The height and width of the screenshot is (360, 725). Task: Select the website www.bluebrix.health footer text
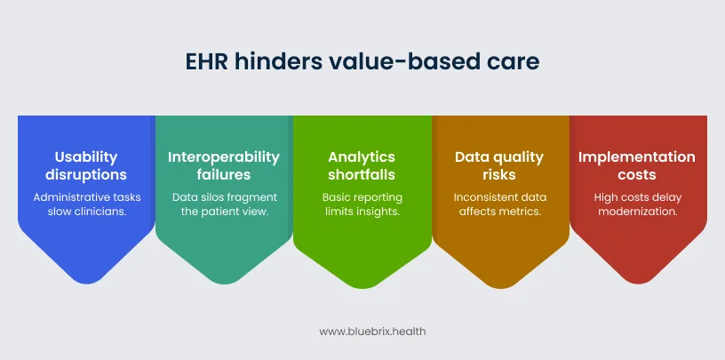[x=362, y=331]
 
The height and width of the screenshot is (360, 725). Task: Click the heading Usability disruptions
[x=86, y=165]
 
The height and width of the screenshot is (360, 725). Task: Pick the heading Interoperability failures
[x=224, y=165]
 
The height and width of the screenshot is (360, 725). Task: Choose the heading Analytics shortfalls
[x=362, y=165]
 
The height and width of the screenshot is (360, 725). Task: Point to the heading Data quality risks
[x=499, y=165]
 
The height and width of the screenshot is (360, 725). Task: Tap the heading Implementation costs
[x=637, y=165]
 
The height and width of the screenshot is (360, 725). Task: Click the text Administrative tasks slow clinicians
[x=86, y=204]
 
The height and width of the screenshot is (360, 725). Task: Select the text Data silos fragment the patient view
[x=224, y=204]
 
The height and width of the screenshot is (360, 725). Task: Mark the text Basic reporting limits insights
[x=362, y=204]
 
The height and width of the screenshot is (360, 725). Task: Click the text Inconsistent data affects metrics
[x=499, y=204]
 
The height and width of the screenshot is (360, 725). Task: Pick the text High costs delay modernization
[x=637, y=204]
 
